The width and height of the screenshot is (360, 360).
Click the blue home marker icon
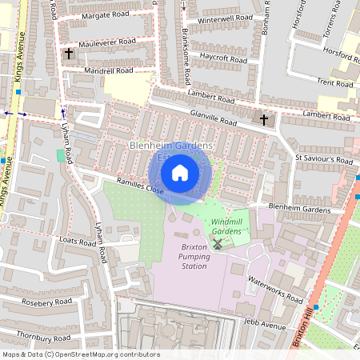coord(180,173)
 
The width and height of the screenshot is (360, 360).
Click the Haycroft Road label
coord(223,58)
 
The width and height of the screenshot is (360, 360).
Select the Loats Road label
coord(78,240)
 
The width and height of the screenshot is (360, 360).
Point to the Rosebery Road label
coord(46,302)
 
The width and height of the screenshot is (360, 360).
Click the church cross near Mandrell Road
coord(69,54)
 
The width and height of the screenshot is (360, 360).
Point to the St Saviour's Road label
coord(323,159)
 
